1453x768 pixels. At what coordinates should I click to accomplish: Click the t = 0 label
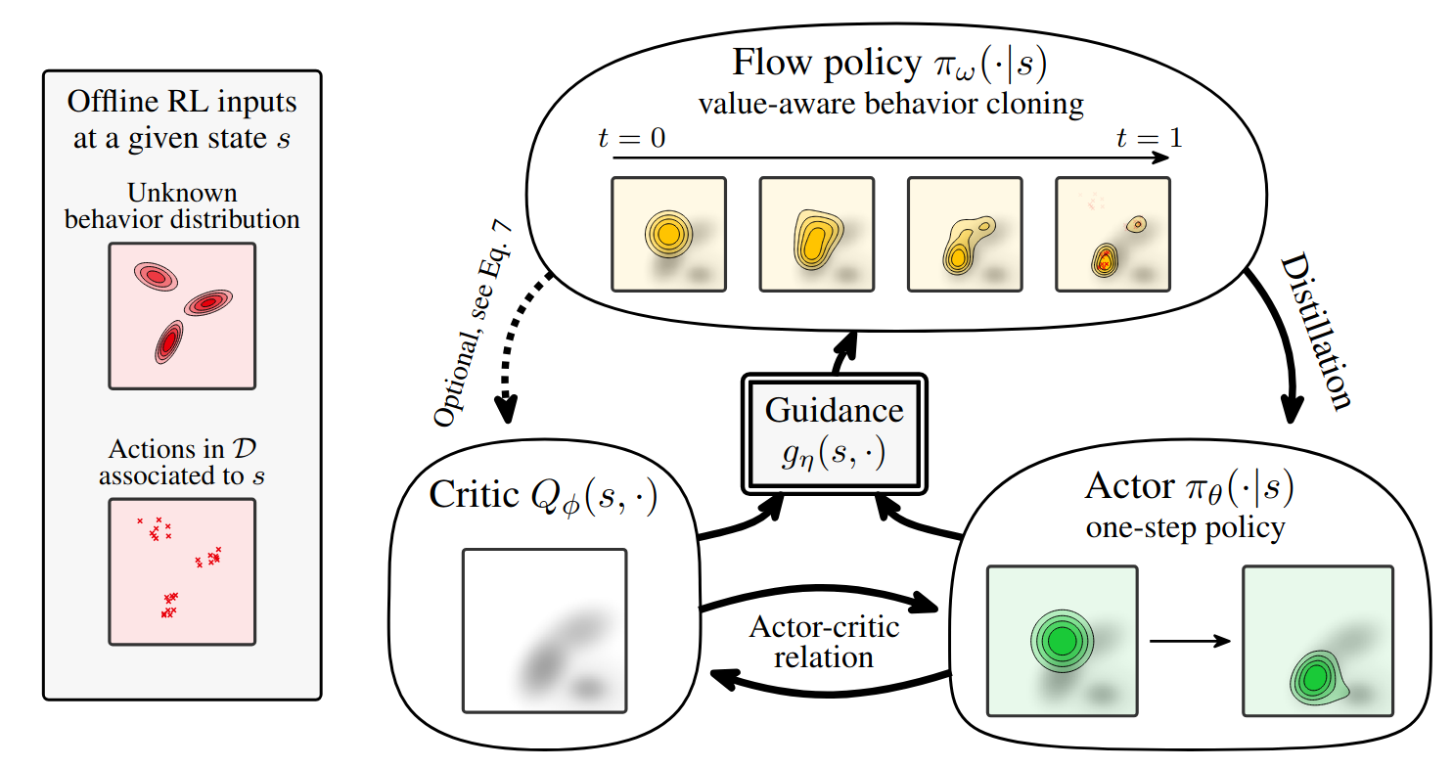coord(631,138)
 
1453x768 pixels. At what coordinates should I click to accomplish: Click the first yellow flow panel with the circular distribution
coord(669,234)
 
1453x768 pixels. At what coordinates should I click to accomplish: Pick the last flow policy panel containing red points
coord(1112,234)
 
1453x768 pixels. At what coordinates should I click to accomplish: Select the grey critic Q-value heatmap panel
coord(544,629)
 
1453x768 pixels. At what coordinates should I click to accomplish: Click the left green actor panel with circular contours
coord(1062,641)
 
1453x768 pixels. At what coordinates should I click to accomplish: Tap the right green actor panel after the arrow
coord(1316,641)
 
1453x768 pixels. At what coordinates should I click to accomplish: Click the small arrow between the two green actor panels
coord(1189,642)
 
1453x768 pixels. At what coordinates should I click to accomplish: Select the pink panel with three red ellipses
coord(182,316)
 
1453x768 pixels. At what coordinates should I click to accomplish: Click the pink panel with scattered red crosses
coord(182,571)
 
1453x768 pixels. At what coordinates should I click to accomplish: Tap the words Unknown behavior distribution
coord(182,205)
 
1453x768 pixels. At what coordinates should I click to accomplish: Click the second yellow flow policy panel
coord(817,234)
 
